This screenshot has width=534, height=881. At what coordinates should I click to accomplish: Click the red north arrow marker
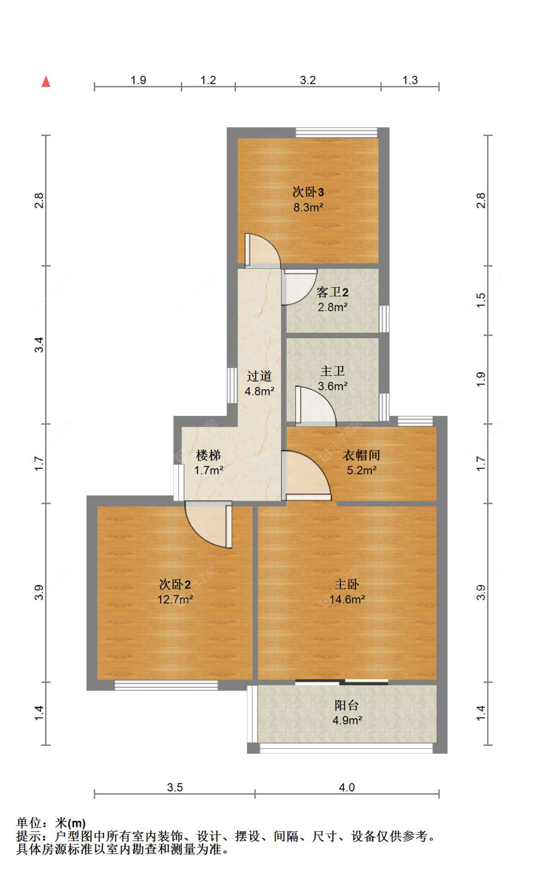(46, 82)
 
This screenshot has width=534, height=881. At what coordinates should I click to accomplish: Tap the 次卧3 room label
(308, 192)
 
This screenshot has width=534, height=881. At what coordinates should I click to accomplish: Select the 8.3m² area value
(308, 207)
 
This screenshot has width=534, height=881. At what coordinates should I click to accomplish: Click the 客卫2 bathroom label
(332, 292)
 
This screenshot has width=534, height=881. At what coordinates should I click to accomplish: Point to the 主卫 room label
(332, 371)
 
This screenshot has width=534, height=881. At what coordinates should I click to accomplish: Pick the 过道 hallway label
(259, 376)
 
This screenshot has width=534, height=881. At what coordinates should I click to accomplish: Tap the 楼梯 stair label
(208, 455)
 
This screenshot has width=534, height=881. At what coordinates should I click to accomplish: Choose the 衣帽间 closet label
(361, 455)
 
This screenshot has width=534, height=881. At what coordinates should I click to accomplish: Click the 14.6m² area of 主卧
(347, 599)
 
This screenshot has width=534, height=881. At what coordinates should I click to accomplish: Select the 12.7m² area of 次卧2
(175, 599)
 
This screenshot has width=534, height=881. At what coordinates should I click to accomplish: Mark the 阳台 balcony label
(347, 705)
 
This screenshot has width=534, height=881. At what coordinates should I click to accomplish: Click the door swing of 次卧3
(261, 250)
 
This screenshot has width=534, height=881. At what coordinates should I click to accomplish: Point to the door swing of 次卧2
(209, 524)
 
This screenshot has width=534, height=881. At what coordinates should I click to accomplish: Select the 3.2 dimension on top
(308, 80)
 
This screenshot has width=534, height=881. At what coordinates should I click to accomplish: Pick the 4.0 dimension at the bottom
(347, 787)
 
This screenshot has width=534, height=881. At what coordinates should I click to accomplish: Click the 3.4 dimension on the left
(39, 344)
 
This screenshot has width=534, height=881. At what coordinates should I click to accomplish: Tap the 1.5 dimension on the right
(481, 300)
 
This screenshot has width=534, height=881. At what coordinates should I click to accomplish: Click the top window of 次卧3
(336, 132)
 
